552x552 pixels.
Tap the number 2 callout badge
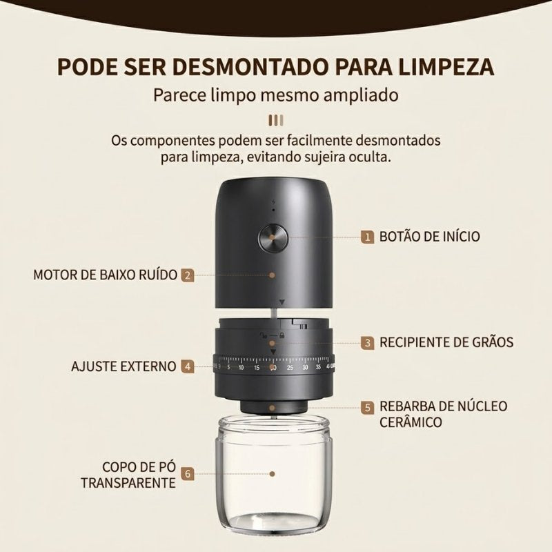(188, 275)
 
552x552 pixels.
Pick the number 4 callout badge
(188, 366)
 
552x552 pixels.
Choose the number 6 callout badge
(188, 474)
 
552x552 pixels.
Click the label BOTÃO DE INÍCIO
(429, 237)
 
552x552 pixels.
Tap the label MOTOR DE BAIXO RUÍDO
(104, 275)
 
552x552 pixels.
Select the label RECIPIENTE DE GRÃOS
(446, 342)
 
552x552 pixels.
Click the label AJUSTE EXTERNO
(124, 366)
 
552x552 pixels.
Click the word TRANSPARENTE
(128, 482)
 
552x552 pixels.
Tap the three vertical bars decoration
(275, 119)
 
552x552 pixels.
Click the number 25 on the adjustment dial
(289, 367)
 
